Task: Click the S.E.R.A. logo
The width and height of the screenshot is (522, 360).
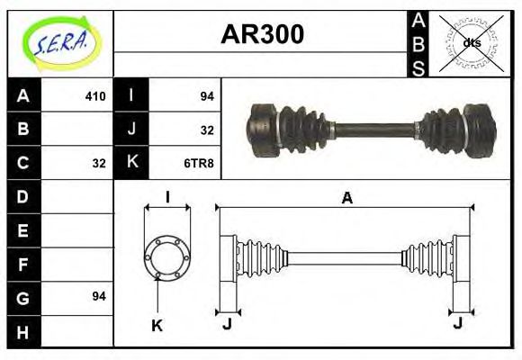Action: pyautogui.click(x=59, y=41)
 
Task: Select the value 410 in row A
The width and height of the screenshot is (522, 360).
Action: pyautogui.click(x=95, y=96)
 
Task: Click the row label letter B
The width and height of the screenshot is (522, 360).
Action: pyautogui.click(x=23, y=130)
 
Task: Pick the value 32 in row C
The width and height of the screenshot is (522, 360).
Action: pyautogui.click(x=99, y=163)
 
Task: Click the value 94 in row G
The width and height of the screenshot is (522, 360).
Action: pyautogui.click(x=99, y=295)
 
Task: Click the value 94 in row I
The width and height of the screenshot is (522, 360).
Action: pyautogui.click(x=206, y=96)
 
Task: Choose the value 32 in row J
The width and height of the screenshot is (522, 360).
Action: pyautogui.click(x=206, y=130)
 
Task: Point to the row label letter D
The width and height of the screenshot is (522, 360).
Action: pyautogui.click(x=23, y=196)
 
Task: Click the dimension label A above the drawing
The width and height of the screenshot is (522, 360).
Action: pyautogui.click(x=346, y=198)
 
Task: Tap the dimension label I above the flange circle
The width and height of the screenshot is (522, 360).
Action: pyautogui.click(x=167, y=197)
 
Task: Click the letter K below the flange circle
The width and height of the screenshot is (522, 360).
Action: pyautogui.click(x=156, y=326)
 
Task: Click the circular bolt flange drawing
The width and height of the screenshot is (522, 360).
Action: pyautogui.click(x=167, y=257)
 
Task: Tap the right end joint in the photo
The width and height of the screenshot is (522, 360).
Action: pyautogui.click(x=478, y=130)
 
